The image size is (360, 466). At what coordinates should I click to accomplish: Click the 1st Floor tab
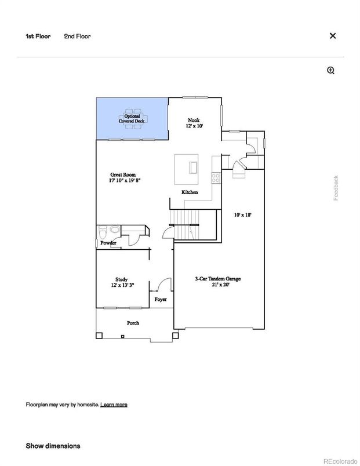coord(38,36)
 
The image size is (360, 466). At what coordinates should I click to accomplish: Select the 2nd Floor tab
coord(77,36)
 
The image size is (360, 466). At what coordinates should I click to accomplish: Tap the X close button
coord(333,36)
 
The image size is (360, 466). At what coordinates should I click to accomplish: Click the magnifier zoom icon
coord(331,71)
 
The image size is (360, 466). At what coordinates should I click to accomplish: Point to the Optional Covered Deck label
coord(133,118)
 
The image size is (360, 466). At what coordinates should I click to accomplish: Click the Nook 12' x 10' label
coord(194,123)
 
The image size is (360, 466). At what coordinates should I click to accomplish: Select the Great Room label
coord(125,177)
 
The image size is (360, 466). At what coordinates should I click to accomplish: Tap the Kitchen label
coord(190,192)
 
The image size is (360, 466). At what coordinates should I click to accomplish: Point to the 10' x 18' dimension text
coord(242,214)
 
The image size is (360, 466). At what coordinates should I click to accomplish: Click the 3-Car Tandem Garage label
coord(217,282)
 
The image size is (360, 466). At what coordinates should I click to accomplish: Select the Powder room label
coord(108,243)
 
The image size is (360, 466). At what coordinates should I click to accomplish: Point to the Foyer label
coord(160,300)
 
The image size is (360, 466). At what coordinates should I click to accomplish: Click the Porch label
coord(133,323)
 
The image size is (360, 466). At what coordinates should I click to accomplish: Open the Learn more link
coord(114,404)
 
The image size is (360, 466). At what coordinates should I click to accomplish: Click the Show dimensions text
coord(53,446)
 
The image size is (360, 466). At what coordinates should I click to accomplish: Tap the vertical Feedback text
coord(336,188)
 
